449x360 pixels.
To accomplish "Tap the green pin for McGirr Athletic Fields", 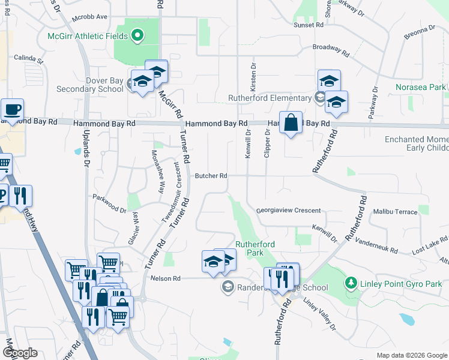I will coord(137,36).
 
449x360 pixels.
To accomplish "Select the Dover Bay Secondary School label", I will coord(89,85).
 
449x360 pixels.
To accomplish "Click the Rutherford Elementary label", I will coord(270,98).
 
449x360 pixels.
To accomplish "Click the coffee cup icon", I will coord(12,110).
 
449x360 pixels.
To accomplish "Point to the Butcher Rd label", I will coord(211,176).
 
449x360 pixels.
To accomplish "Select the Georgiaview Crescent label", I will coord(288,211).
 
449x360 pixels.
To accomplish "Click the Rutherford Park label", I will coord(255,248).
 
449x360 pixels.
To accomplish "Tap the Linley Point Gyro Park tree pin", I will coord(351,282).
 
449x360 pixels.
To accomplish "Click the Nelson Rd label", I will coord(166,278).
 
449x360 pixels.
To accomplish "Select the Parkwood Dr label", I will coord(109,204).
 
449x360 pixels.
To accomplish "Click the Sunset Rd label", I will coord(309,25).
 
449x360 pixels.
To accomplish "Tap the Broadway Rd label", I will coord(330,49).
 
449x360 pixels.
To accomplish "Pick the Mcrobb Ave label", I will coord(89,17).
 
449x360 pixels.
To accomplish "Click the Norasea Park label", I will coord(420,88).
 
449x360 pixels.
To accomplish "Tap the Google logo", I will coord(19,353).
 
